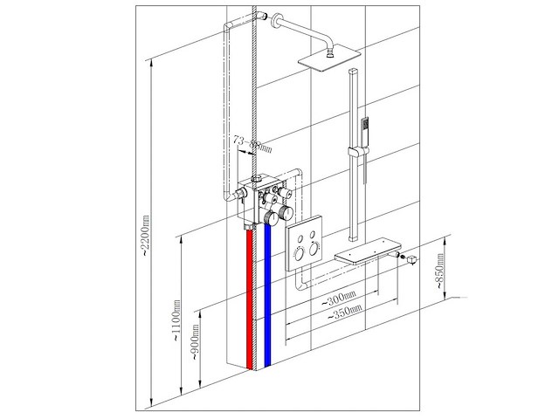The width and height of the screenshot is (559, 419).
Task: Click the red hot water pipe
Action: pos(250,297)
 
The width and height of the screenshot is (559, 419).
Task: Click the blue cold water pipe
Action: pos(269,297)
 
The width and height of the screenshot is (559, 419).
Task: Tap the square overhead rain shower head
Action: pos(329,58)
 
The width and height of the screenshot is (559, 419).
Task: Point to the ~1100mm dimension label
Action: pos(177,323)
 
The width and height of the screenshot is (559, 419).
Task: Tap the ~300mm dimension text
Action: pos(337,298)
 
